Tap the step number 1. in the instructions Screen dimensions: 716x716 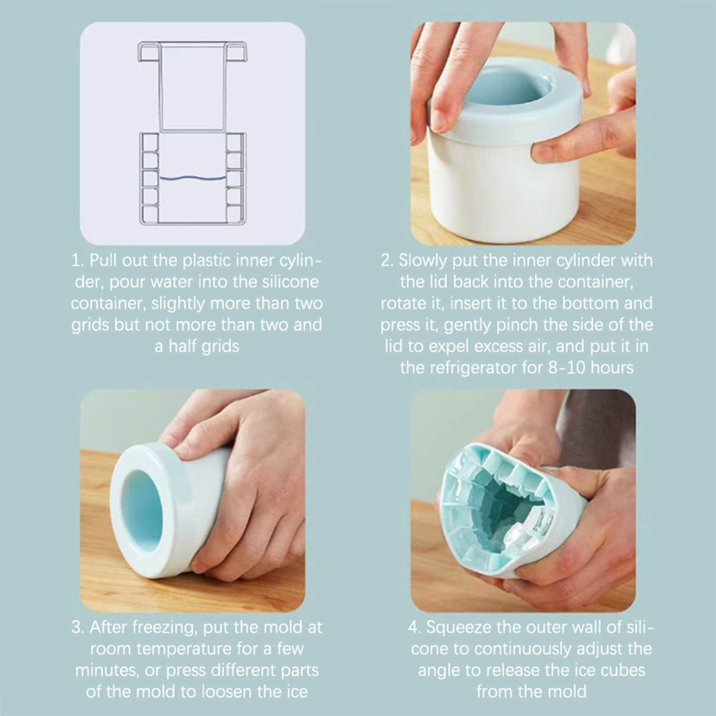point(78,260)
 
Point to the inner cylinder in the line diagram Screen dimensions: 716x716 point(192,87)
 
